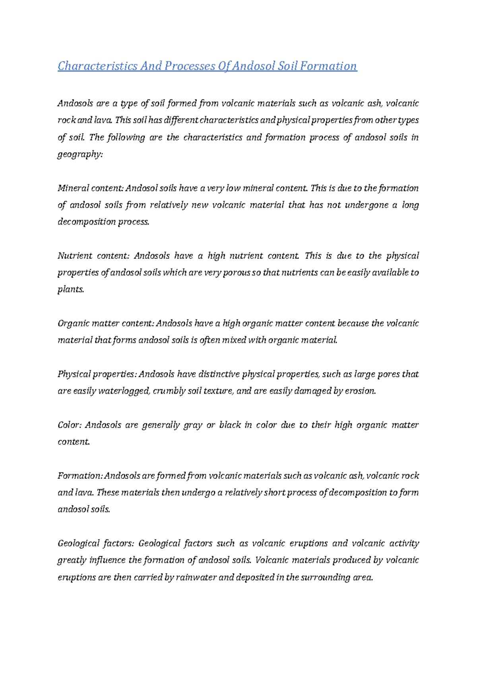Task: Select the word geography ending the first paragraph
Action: tap(79, 154)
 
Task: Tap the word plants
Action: tap(71, 289)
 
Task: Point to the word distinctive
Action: tap(219, 374)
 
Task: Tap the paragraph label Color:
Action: tap(69, 425)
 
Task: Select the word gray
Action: tap(192, 425)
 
